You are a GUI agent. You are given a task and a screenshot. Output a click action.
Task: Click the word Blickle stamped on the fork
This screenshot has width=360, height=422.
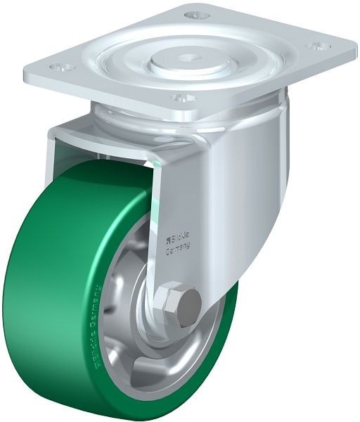coord(181,239)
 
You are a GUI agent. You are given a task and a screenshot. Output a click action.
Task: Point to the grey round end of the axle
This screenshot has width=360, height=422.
coord(188,307)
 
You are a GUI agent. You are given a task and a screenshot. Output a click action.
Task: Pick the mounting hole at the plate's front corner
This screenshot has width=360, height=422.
coord(181,98)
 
